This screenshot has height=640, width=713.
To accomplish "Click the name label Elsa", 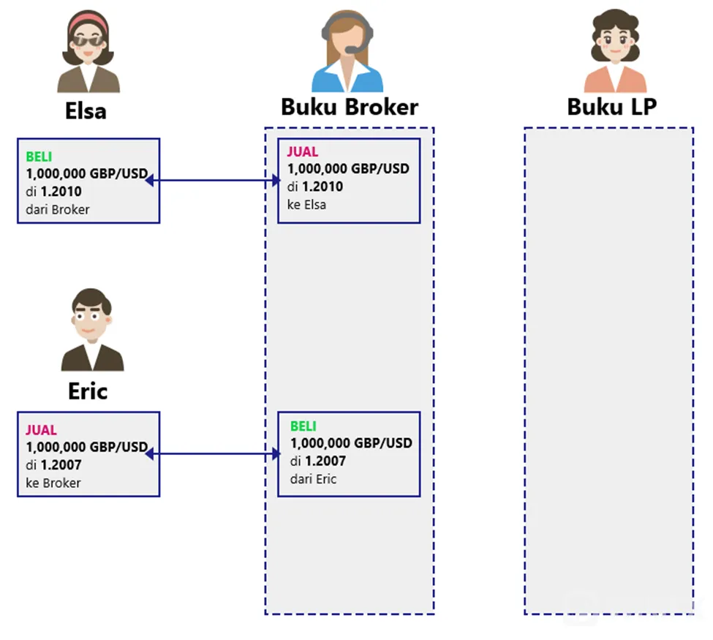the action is [x=86, y=111].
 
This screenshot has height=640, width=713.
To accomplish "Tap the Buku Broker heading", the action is [x=350, y=108].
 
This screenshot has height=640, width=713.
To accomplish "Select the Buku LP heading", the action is [x=611, y=107].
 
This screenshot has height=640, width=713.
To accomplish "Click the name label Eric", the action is [x=88, y=391].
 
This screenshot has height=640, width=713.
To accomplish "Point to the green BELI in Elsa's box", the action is [x=39, y=157].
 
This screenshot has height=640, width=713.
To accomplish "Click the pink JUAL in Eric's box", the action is [x=42, y=430].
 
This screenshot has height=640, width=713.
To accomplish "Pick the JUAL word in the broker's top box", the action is [x=303, y=151].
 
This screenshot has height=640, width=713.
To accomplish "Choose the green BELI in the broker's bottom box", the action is [x=303, y=426].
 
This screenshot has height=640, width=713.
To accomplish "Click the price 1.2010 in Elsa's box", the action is [x=61, y=192].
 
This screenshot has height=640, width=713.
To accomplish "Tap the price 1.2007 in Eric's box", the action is [x=61, y=465].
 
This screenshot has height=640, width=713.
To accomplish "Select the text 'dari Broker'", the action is [x=58, y=210].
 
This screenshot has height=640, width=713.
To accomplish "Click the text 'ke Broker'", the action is [x=53, y=483].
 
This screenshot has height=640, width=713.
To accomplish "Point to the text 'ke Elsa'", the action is [x=306, y=205].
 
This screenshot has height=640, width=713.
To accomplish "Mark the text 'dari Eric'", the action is [x=313, y=479].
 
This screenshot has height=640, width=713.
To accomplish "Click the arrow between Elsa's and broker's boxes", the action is [x=213, y=181].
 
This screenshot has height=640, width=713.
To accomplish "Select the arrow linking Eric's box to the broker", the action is [x=213, y=453].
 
